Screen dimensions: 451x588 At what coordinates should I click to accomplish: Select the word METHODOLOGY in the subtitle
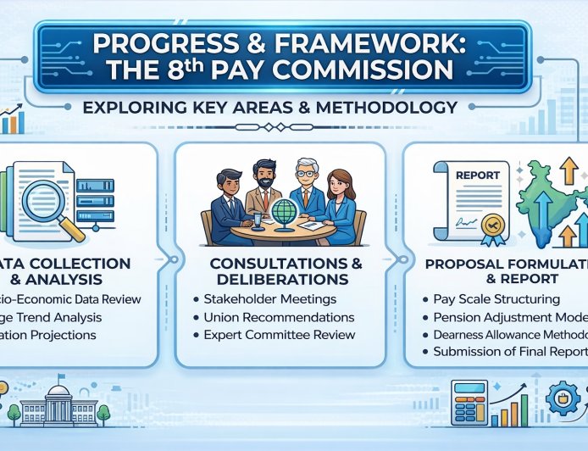point(396,108)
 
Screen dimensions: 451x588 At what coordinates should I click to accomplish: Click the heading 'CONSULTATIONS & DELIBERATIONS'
point(279,270)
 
